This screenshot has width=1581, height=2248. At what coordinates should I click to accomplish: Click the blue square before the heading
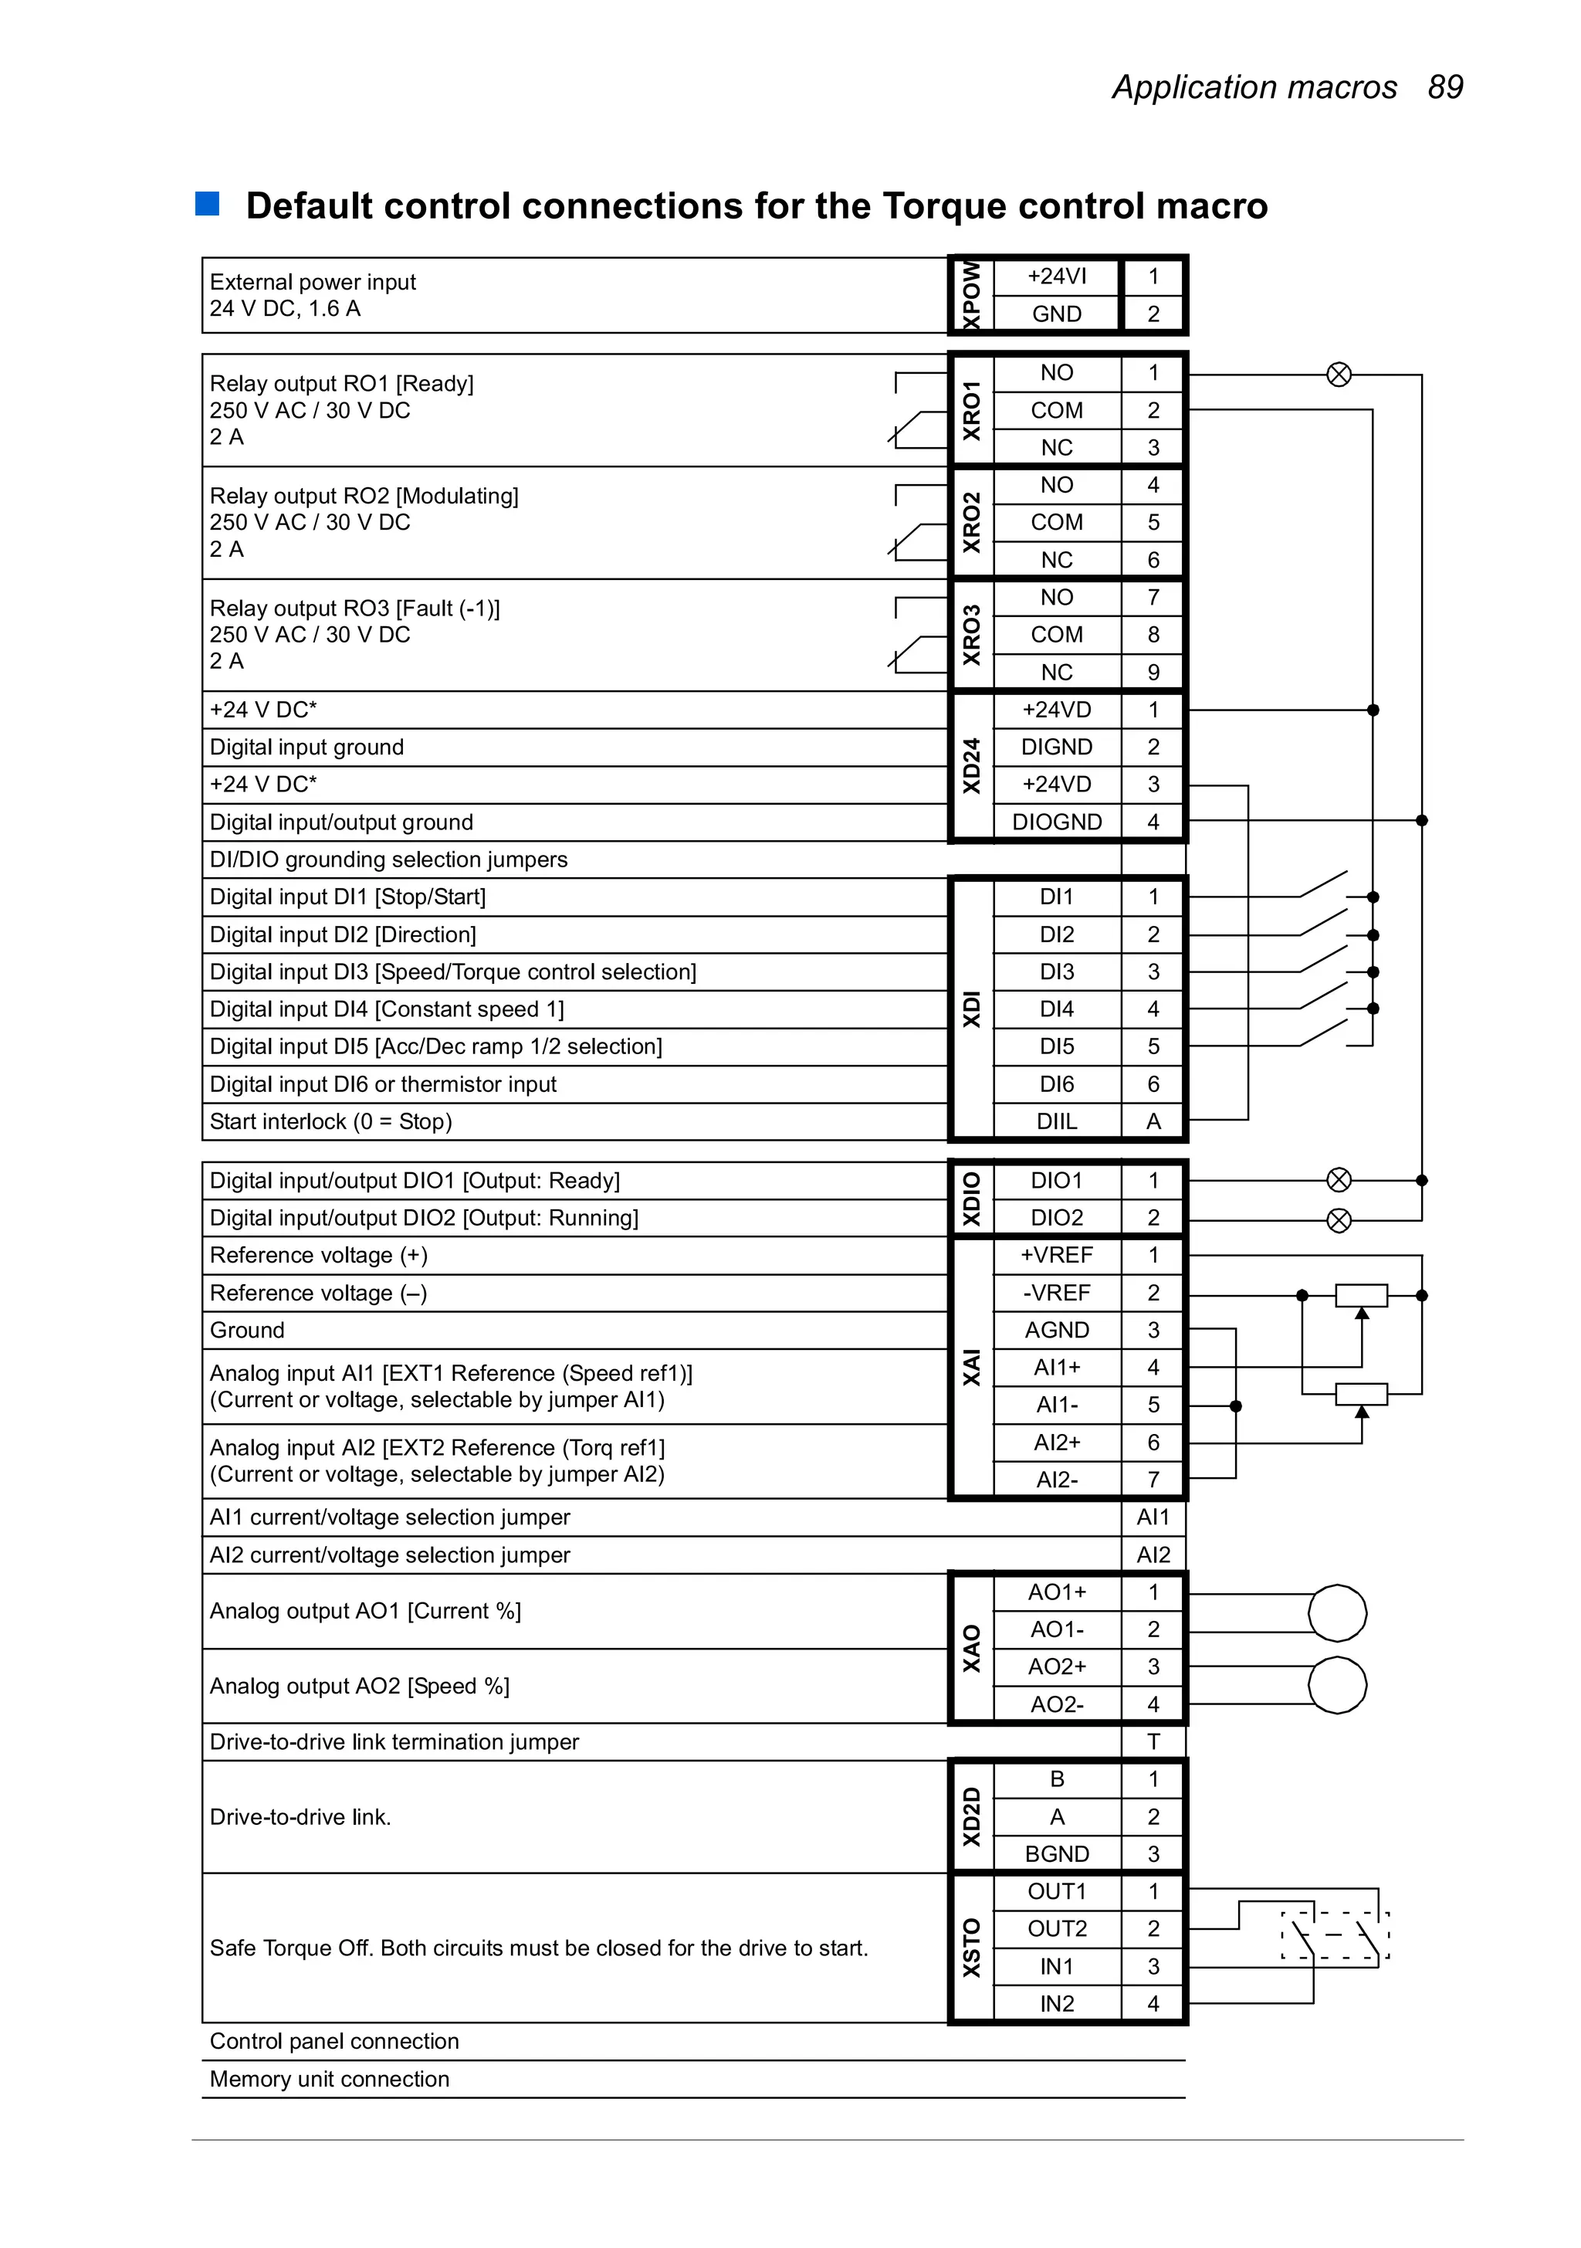[208, 204]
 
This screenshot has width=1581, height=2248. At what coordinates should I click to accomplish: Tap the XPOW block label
[971, 295]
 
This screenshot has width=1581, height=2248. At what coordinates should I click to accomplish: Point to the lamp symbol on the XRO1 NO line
[1339, 374]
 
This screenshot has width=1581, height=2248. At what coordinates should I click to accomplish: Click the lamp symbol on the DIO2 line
[1339, 1220]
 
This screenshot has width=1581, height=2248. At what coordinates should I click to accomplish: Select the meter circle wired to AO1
[1337, 1612]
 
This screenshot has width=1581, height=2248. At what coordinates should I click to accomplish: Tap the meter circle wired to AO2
[1337, 1685]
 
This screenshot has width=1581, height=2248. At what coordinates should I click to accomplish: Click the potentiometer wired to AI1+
[1361, 1295]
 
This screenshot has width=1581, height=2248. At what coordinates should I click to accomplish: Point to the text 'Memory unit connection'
[329, 2079]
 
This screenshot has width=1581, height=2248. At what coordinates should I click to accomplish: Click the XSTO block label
[971, 1948]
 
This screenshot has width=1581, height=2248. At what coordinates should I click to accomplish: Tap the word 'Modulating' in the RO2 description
[456, 496]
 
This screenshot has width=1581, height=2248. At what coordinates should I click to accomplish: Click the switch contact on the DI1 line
[1323, 884]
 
